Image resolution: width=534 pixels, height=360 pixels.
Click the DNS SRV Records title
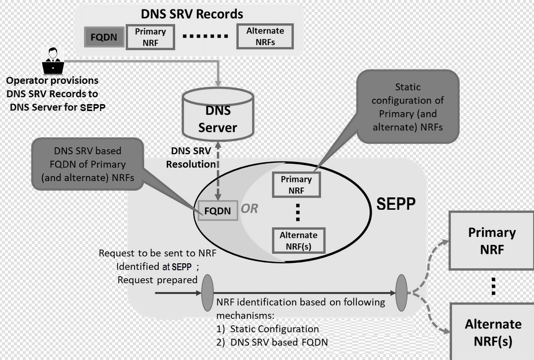[192, 13]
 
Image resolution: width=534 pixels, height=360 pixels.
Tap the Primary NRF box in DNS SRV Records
[150, 37]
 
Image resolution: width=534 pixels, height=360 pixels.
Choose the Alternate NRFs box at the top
[265, 37]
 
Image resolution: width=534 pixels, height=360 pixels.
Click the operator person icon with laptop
[53, 60]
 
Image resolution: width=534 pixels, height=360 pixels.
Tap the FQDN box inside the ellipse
[217, 211]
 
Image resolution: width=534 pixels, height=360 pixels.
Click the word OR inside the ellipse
[250, 209]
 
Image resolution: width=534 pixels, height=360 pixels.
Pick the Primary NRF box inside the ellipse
[296, 185]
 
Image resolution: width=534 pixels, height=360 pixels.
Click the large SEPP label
[396, 204]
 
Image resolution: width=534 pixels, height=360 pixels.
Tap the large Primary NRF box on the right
[491, 240]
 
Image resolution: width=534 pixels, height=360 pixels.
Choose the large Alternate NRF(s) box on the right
[493, 332]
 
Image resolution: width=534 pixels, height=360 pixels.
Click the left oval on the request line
[207, 293]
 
